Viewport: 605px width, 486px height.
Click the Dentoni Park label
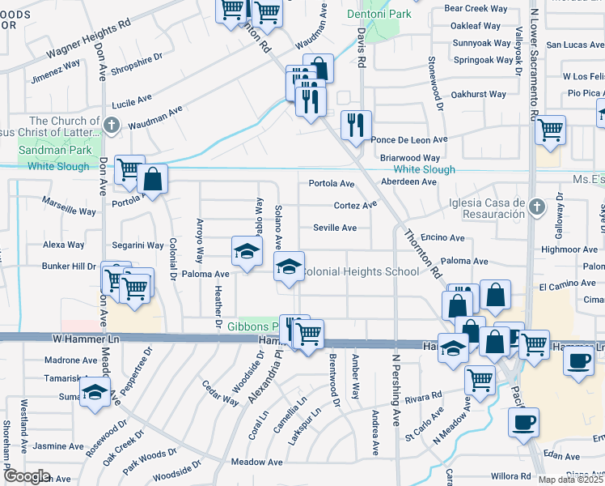[379, 14]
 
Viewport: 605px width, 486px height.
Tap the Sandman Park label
[49, 151]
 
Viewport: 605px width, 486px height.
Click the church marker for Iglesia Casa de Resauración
[535, 209]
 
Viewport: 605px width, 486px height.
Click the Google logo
[27, 475]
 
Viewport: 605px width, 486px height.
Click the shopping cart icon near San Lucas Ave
[551, 130]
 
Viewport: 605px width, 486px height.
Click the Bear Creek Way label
[476, 8]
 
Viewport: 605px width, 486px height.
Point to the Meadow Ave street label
[256, 462]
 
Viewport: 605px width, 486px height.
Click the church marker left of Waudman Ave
[112, 125]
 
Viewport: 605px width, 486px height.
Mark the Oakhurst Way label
[479, 95]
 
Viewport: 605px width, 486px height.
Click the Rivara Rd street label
[423, 398]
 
